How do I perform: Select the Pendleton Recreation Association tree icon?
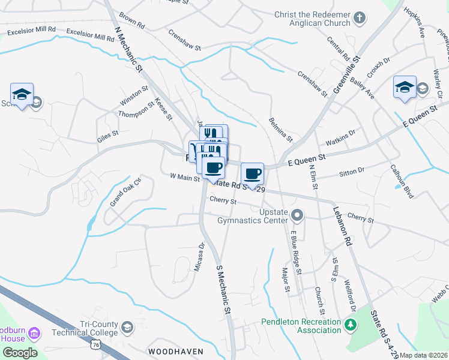[x=350, y=326]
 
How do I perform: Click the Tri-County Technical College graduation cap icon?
[x=127, y=327]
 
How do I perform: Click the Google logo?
[x=20, y=353]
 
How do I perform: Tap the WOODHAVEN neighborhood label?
[x=176, y=351]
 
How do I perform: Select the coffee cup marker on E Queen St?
[x=252, y=173]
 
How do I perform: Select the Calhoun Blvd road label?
[x=402, y=178]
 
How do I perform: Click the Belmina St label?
[x=280, y=130]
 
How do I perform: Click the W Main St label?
[x=184, y=177]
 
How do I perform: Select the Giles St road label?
[x=107, y=138]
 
